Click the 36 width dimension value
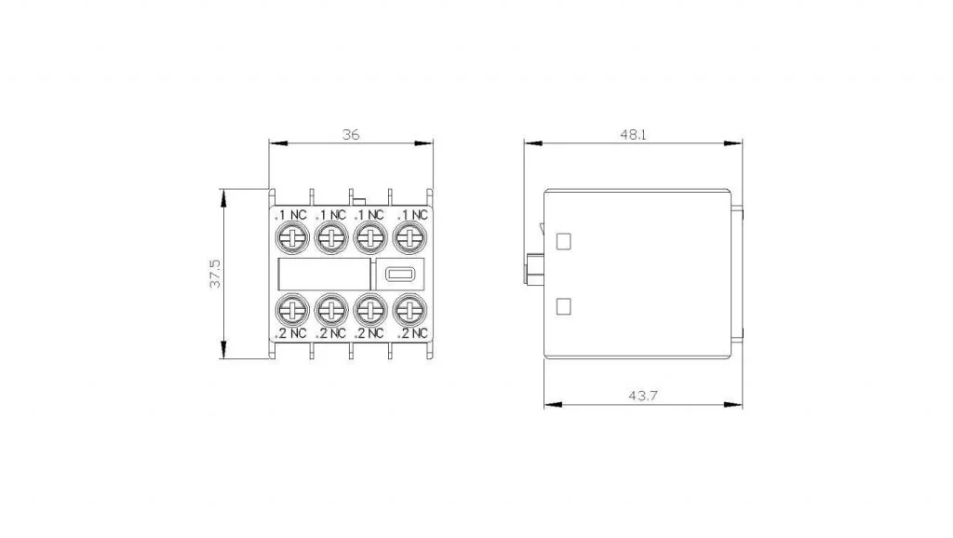click(x=351, y=134)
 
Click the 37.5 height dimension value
click(x=215, y=274)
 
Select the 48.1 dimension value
click(x=633, y=134)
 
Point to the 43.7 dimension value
click(x=643, y=396)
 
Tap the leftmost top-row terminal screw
click(x=292, y=237)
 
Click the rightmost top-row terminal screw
click(x=410, y=237)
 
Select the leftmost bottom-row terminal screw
click(x=292, y=310)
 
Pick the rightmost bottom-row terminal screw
click(x=410, y=310)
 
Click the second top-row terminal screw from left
click(x=331, y=237)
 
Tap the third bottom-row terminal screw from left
click(x=370, y=310)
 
